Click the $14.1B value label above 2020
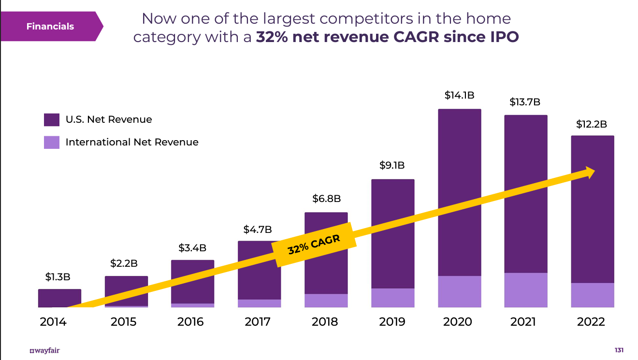[459, 95]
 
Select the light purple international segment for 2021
[526, 290]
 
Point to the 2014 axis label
[53, 322]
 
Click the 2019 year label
[392, 322]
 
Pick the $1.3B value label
[58, 277]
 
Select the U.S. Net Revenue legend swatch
[52, 119]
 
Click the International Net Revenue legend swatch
[52, 142]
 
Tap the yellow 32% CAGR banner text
[314, 245]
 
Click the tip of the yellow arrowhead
[595, 170]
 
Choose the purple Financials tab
[51, 26]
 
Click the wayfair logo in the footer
[44, 350]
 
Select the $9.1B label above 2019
[392, 165]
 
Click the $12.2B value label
[592, 124]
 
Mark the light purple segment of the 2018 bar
[326, 301]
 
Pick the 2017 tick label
[258, 322]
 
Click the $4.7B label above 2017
[258, 230]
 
